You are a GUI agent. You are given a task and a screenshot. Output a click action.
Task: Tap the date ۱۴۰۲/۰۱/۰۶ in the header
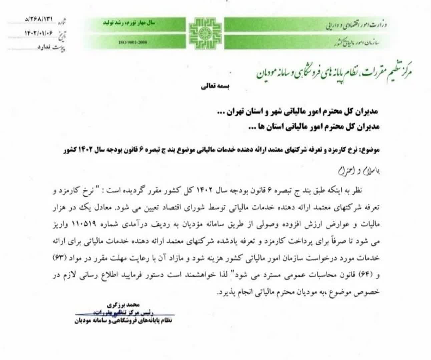(39, 34)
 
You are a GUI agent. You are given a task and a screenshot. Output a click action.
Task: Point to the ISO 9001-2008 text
(132, 42)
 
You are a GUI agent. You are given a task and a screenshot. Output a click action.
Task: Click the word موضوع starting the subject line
(370, 150)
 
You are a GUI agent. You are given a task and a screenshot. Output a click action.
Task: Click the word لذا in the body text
(221, 275)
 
